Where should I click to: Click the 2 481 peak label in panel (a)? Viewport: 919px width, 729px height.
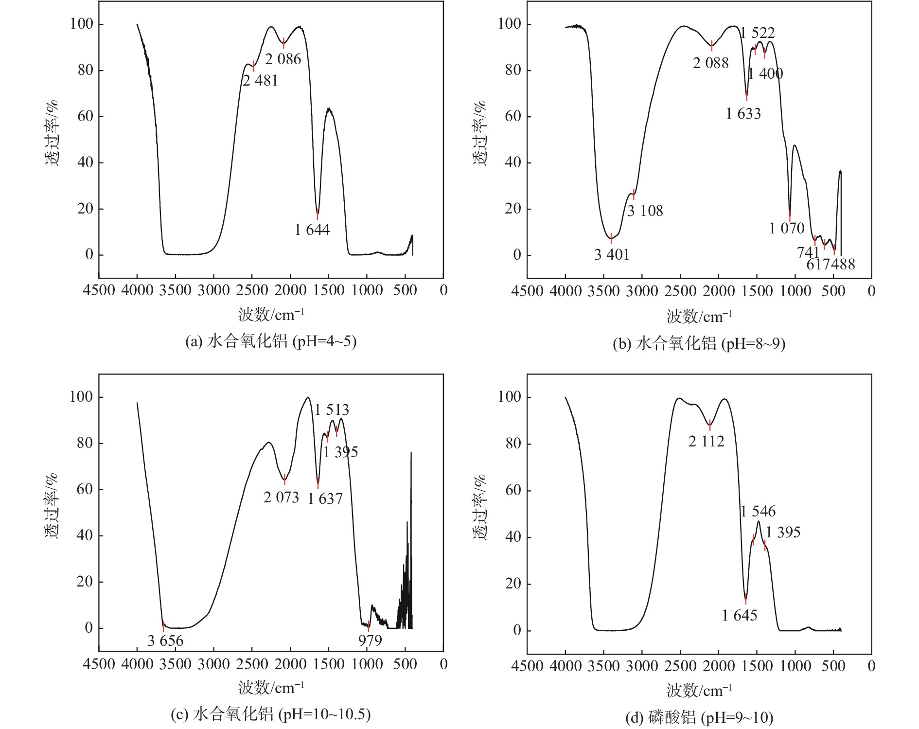[x=260, y=81]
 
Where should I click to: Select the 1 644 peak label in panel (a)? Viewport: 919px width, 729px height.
[x=312, y=230]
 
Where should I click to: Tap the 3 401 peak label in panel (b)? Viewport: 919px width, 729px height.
[x=612, y=254]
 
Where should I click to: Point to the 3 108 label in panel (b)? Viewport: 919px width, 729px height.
[x=645, y=211]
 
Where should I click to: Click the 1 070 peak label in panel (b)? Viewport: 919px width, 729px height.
[x=787, y=228]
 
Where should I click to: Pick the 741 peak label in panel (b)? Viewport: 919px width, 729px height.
[x=808, y=252]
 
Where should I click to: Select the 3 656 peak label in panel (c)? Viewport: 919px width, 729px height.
[x=165, y=641]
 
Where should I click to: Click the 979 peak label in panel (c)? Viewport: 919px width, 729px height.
[x=370, y=641]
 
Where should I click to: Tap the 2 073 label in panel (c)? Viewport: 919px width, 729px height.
[x=281, y=498]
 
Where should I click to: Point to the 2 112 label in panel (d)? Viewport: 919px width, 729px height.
[x=706, y=442]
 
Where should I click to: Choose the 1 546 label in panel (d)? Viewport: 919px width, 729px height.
[x=758, y=512]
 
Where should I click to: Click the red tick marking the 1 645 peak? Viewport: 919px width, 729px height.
[x=745, y=600]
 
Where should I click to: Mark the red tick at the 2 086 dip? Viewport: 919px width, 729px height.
[x=283, y=43]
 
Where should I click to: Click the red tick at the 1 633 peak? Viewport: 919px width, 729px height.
[x=747, y=95]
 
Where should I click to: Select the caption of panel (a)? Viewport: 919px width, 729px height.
[x=271, y=341]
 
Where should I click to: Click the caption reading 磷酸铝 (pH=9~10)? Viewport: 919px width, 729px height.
[x=699, y=717]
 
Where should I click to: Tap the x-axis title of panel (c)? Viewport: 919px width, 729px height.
[x=271, y=688]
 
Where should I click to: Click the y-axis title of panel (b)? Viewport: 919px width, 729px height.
[x=480, y=133]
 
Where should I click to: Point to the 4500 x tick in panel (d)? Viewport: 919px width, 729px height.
[x=527, y=666]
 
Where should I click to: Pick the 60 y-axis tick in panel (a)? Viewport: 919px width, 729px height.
[x=85, y=116]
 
